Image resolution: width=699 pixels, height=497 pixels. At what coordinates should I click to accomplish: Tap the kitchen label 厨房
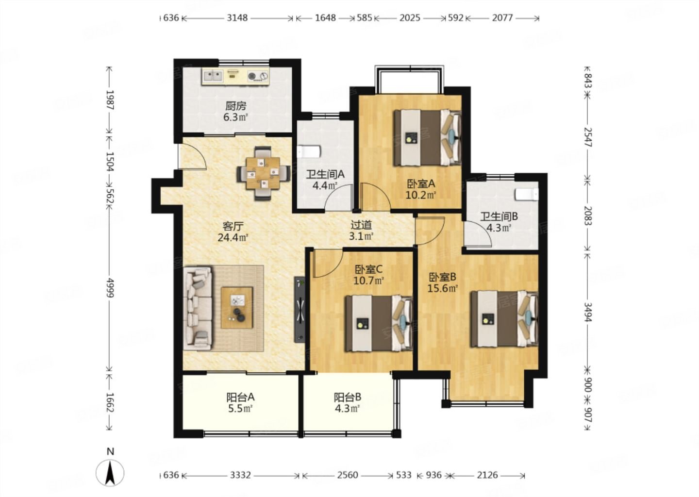point(235,106)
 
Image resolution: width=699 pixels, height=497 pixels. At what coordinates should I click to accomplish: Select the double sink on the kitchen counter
point(213,76)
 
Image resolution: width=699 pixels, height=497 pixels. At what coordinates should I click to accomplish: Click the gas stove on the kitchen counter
point(258,76)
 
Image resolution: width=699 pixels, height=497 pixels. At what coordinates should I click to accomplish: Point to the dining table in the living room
point(263,173)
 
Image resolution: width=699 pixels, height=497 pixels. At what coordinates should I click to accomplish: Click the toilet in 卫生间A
point(308,152)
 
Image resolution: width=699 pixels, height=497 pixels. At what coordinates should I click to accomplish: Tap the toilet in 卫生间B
point(527,194)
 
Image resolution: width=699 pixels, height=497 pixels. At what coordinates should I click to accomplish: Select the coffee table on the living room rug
point(237,308)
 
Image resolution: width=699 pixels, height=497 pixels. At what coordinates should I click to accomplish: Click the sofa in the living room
point(198,308)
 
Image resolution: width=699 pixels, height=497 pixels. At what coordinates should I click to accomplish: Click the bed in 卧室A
point(427,137)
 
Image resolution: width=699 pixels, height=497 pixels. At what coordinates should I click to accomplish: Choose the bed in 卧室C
point(379,324)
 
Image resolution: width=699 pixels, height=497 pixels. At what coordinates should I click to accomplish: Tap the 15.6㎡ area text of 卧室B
point(443,289)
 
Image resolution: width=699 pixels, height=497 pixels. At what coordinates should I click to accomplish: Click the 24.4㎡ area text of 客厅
point(233,238)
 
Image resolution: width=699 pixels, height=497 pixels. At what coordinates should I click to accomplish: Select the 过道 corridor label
point(361,225)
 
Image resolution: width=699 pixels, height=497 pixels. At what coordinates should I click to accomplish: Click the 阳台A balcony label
point(240,397)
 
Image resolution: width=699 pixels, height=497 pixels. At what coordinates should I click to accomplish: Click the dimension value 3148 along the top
point(237,18)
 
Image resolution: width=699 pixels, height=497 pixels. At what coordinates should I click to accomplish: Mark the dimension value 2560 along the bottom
point(348,475)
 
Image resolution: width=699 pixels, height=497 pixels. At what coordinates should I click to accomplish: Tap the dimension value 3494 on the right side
point(588,312)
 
